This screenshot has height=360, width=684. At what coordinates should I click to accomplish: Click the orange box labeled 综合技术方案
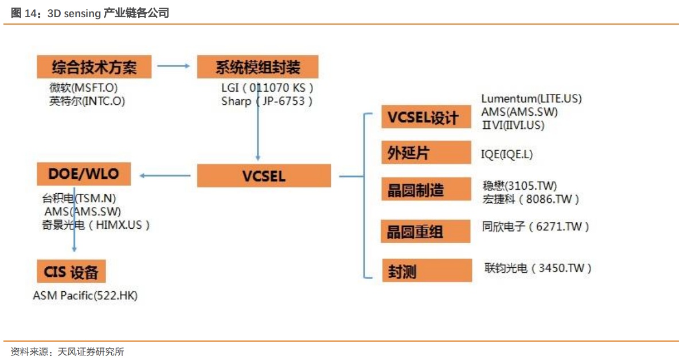(94, 67)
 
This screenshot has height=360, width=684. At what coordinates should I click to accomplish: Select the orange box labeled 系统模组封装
(257, 67)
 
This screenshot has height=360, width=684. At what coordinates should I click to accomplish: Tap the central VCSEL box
(264, 175)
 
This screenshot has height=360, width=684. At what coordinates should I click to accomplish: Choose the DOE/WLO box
(83, 174)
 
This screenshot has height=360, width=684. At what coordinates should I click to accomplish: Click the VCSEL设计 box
(426, 118)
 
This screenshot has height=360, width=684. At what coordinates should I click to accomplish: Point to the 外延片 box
(426, 153)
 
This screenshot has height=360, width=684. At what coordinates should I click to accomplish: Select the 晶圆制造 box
(426, 189)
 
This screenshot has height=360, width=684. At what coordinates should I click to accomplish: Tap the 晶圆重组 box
(426, 232)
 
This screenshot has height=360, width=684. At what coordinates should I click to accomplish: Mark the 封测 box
(426, 270)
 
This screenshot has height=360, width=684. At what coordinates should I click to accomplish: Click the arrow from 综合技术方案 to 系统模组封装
(173, 66)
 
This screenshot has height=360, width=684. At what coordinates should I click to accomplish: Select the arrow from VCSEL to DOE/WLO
(166, 175)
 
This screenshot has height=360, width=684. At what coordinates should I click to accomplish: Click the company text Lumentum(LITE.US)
(531, 99)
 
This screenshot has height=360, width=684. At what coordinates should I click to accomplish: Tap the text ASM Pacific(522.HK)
(85, 296)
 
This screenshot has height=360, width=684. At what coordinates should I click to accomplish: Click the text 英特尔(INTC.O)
(87, 101)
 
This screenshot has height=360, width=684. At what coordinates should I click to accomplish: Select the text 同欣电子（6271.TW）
(536, 226)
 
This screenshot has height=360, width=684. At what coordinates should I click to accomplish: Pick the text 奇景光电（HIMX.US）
(96, 225)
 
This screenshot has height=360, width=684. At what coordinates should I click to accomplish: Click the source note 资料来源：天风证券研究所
(68, 351)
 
